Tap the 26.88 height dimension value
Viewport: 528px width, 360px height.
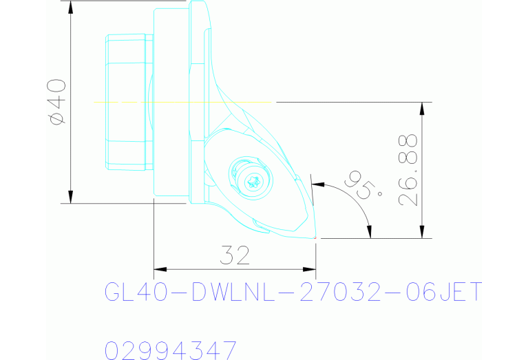pos(408,170)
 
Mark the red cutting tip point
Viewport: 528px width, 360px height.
pos(315,238)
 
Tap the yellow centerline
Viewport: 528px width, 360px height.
pos(172,102)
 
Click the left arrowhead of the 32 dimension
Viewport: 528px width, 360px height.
pos(158,268)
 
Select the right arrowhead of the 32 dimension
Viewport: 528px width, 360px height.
pos(310,268)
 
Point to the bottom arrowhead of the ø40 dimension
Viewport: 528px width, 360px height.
pos(71,198)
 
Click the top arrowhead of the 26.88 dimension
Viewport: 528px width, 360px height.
pos(422,107)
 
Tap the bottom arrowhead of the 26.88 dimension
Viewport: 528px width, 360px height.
pos(422,233)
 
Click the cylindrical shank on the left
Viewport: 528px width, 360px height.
pos(127,102)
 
